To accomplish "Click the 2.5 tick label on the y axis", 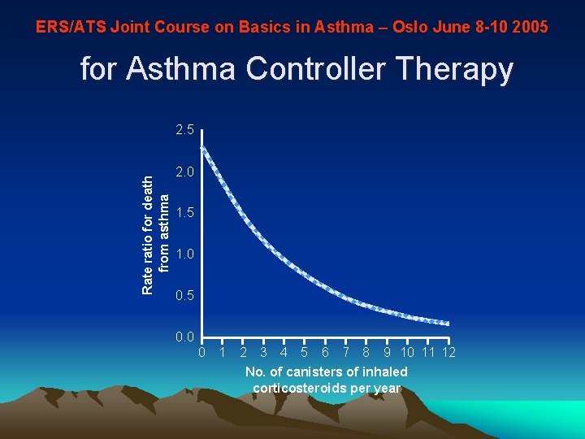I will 184,130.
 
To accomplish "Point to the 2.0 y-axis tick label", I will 184,172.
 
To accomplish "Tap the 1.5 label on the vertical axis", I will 184,212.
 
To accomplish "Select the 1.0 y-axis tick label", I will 184,254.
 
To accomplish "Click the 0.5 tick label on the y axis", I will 184,295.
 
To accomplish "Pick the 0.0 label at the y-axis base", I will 184,337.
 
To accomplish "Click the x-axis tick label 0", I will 202,353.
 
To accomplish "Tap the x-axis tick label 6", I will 325,353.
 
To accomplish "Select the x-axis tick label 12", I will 448,353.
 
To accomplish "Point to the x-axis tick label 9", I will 387,353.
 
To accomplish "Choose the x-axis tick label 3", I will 263,353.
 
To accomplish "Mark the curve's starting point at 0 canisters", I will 202,148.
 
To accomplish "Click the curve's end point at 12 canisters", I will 448,324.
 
